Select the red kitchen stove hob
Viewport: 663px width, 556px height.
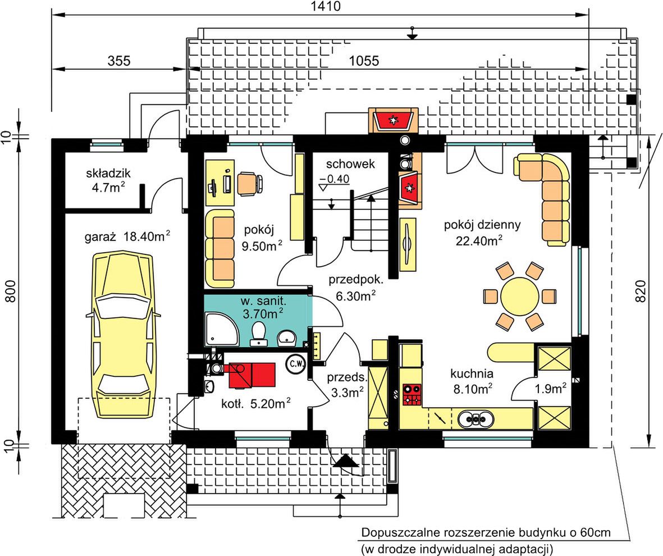(412, 394)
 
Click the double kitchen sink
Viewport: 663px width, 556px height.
(475, 418)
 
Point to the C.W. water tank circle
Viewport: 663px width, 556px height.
(296, 364)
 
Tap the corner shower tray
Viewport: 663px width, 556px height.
(222, 329)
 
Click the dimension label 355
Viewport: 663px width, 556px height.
(119, 61)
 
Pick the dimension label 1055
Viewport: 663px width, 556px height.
(364, 61)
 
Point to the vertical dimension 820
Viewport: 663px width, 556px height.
(641, 291)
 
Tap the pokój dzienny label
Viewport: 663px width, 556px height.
(482, 225)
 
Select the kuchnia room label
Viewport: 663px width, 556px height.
(472, 373)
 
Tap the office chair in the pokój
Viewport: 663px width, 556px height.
(249, 184)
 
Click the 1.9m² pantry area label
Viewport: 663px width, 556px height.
(551, 389)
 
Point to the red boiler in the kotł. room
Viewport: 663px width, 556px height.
(252, 375)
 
